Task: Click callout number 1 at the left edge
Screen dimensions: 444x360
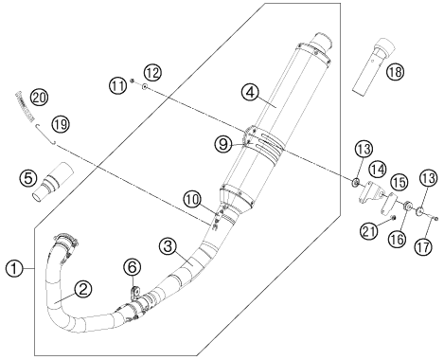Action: (14, 269)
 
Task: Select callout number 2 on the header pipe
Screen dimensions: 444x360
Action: (83, 289)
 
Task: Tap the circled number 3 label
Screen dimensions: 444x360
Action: (168, 246)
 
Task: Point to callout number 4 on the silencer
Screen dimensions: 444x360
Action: (250, 92)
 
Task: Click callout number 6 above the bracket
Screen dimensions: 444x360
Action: (133, 267)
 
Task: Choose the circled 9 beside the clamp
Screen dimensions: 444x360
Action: (223, 144)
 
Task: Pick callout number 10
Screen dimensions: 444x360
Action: (193, 199)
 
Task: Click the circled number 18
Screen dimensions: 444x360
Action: (396, 72)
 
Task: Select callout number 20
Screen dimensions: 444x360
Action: (39, 98)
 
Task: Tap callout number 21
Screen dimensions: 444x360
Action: (369, 231)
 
